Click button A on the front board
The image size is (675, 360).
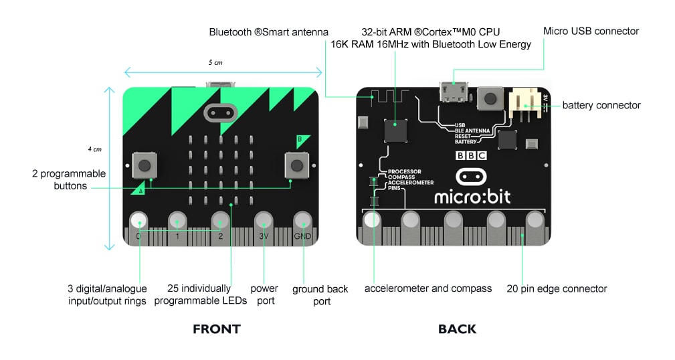point(143,165)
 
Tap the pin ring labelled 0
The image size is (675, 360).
point(138,221)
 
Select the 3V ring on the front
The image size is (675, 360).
point(264,221)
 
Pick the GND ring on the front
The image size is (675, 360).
point(302,221)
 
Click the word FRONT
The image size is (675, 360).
point(216,329)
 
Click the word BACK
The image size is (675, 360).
point(457,329)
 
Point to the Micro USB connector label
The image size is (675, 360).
point(591,31)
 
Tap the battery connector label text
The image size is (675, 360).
point(601,105)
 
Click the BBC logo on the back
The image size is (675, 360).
point(471,155)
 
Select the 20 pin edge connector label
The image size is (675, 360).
point(557,288)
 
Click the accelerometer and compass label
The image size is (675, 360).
point(427,288)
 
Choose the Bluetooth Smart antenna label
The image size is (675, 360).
point(268,31)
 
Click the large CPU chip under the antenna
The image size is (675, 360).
point(395,130)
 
